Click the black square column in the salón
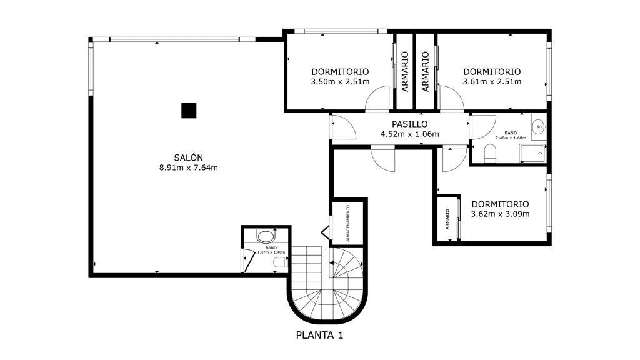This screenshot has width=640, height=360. (x=189, y=110)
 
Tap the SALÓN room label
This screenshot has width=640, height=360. (x=189, y=157)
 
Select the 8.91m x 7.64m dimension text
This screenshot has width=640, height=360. (x=189, y=167)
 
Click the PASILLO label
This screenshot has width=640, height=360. (x=410, y=124)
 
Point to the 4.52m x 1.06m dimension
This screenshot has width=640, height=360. (x=410, y=134)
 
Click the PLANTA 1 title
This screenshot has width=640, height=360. (x=319, y=335)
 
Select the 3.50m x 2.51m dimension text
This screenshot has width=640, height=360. (x=341, y=82)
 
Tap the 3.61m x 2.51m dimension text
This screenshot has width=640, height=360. (x=492, y=82)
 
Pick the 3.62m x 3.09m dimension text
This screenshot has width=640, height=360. (x=501, y=214)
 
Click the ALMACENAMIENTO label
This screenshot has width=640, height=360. (x=348, y=223)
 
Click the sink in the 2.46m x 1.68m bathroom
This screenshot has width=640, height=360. (x=539, y=127)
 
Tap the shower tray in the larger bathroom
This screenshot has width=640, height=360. (x=532, y=154)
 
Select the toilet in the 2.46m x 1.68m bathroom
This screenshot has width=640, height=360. (x=490, y=154)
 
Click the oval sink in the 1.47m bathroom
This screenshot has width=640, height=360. (x=266, y=236)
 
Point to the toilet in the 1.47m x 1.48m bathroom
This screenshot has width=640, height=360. (x=281, y=262)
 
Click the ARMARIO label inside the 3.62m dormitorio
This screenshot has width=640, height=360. (x=447, y=219)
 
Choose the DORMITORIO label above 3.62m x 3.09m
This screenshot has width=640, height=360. (x=501, y=204)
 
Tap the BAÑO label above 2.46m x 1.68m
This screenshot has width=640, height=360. (x=511, y=133)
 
